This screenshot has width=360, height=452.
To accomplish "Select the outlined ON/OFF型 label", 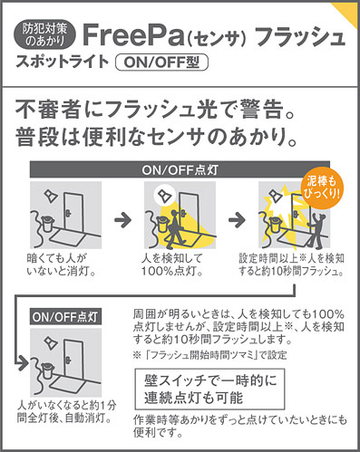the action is (x=162, y=63).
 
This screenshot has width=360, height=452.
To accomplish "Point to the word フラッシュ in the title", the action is (x=299, y=37).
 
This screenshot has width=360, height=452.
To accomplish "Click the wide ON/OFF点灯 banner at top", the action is (x=180, y=169).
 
